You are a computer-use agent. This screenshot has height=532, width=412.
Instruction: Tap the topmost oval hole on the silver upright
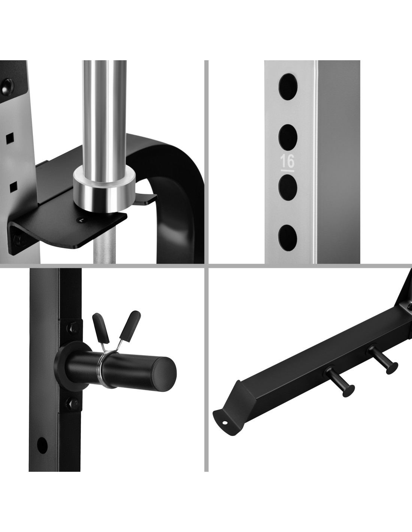coord(288,87)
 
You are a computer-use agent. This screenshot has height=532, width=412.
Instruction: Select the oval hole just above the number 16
coord(288,137)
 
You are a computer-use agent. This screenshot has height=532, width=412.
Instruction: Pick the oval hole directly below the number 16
coord(288,187)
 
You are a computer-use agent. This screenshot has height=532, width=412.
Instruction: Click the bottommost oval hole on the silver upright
coord(288,238)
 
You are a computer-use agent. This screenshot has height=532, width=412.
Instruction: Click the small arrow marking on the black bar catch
coord(82,220)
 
